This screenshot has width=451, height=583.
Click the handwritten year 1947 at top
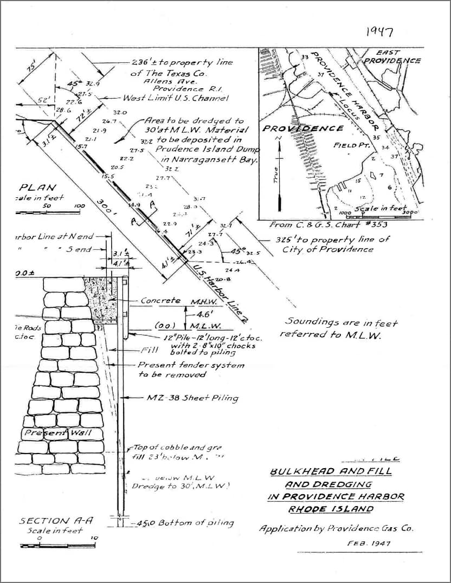pyautogui.click(x=379, y=31)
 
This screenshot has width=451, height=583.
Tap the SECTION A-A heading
pyautogui.click(x=56, y=521)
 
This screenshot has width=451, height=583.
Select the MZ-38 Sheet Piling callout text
pyautogui.click(x=192, y=398)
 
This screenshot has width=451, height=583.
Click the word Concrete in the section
pyautogui.click(x=160, y=300)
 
